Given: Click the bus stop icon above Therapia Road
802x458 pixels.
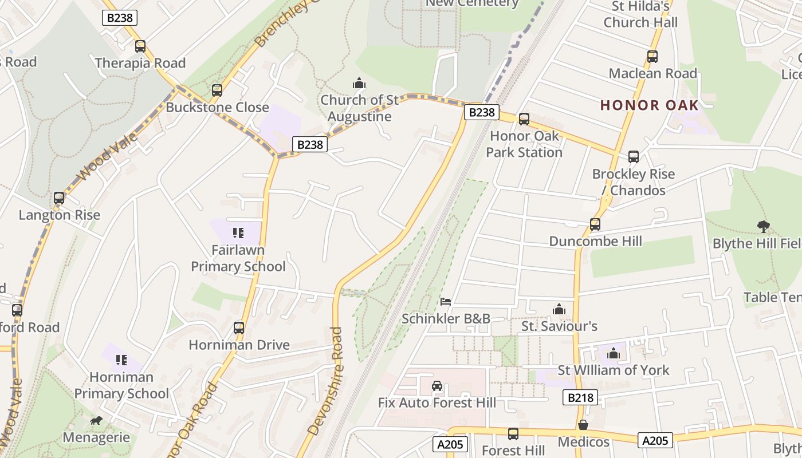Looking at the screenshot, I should [x=140, y=46].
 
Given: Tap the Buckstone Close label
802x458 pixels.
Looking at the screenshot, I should [x=217, y=107].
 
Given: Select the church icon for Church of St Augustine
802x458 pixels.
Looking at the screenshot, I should [x=359, y=84].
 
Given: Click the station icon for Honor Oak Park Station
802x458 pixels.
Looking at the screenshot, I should [x=524, y=119].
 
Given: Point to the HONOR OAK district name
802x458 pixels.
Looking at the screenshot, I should [x=650, y=105].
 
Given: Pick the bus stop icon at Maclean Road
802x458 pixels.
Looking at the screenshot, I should [x=652, y=57].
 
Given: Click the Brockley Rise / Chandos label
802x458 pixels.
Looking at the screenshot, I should [x=634, y=182].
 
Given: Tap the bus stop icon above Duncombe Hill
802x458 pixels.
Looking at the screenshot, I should [x=595, y=224].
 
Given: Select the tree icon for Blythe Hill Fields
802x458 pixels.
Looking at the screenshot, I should [x=763, y=227].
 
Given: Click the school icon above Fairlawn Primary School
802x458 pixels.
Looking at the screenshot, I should [x=238, y=233].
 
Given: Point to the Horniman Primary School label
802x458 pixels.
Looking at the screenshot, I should [x=121, y=385].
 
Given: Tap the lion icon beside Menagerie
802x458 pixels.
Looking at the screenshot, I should [x=96, y=421].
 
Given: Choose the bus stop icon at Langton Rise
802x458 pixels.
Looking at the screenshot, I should [x=59, y=198].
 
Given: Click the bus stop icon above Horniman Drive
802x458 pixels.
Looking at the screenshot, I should [x=239, y=328].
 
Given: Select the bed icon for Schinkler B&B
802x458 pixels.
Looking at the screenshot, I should [x=446, y=301].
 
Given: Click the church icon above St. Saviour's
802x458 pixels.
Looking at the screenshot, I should [x=559, y=310].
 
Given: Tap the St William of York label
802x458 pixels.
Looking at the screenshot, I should [x=614, y=370].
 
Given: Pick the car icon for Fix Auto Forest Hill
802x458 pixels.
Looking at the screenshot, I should [x=437, y=386].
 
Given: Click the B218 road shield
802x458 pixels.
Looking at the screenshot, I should [x=580, y=397].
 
